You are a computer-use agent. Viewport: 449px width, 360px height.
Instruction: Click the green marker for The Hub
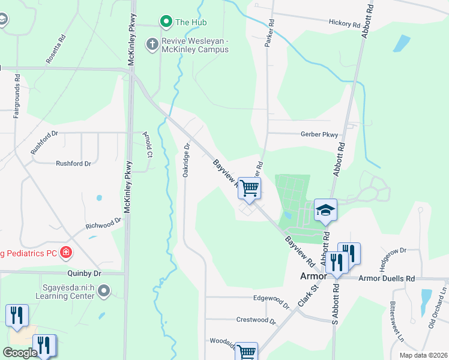[x=166, y=23]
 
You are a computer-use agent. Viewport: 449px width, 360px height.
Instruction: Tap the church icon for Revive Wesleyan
[x=152, y=44]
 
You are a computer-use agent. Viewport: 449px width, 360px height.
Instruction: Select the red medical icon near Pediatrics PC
[x=66, y=253]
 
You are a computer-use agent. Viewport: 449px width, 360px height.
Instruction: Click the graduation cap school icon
[x=325, y=210]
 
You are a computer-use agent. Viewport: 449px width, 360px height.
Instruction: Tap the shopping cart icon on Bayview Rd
[x=249, y=188]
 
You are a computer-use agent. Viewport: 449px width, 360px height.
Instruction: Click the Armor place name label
[x=313, y=277]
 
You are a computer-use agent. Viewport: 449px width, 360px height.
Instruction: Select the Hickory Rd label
[x=344, y=24]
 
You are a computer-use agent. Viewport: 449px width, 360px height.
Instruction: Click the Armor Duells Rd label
[x=387, y=279]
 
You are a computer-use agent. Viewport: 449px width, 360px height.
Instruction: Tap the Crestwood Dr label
[x=256, y=320]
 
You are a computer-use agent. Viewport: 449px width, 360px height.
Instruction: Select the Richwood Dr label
[x=104, y=224]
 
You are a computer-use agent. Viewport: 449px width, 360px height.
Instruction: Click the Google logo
[x=20, y=353]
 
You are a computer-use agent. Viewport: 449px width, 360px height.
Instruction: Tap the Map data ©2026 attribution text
[x=423, y=355]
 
